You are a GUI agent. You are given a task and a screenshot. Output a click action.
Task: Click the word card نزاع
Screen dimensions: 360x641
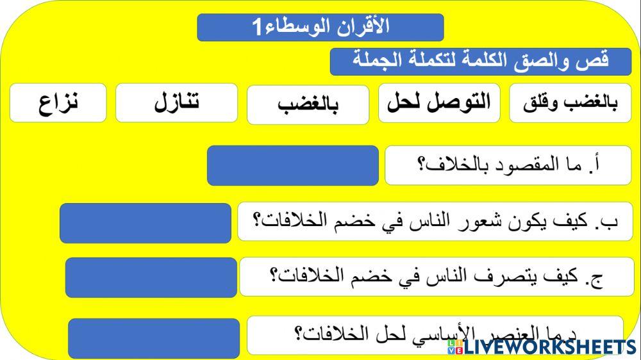tap(58, 102)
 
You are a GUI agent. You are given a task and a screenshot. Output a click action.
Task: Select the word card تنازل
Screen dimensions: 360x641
tap(176, 102)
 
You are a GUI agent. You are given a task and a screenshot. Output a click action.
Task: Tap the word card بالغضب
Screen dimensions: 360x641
tap(308, 104)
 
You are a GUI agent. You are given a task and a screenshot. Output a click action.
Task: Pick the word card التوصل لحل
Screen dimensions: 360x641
tap(439, 102)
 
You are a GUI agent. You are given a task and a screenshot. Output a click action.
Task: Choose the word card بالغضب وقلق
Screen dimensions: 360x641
tap(570, 102)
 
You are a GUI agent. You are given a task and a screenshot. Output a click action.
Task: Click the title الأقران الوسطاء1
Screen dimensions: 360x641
tap(320, 27)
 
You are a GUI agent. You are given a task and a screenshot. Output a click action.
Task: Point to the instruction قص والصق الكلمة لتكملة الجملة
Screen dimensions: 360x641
tap(481, 61)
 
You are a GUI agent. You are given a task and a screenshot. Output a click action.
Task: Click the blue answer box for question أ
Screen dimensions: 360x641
tap(293, 165)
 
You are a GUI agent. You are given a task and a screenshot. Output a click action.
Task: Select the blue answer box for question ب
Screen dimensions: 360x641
tap(146, 223)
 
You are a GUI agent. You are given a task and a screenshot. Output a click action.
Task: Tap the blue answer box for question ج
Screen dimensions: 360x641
tap(151, 277)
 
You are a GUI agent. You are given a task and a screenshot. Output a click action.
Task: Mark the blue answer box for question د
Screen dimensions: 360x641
tap(154, 338)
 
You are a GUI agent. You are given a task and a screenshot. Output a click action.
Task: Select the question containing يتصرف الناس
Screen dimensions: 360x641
tap(437, 277)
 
